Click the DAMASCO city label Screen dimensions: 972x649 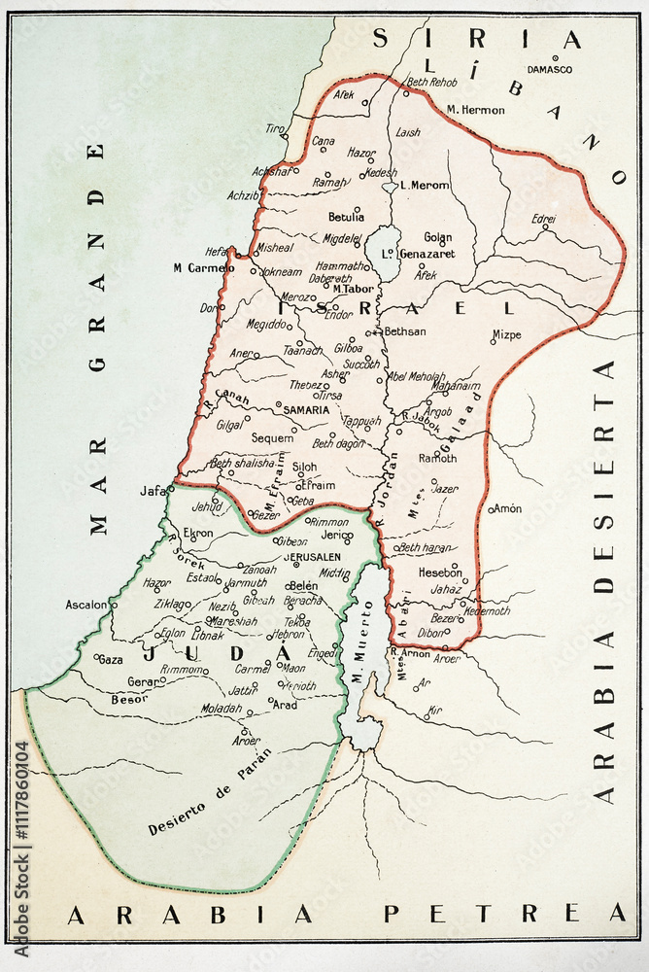pyautogui.click(x=549, y=69)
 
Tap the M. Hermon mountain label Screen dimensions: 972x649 pyautogui.click(x=475, y=110)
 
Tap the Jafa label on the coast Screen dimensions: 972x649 pyautogui.click(x=153, y=491)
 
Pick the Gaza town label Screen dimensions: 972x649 pyautogui.click(x=111, y=659)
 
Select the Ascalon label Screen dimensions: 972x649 pyautogui.click(x=85, y=605)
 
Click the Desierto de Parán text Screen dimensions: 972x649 pyautogui.click(x=210, y=791)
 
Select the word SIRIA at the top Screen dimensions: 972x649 pyautogui.click(x=477, y=39)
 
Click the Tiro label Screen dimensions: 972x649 pyautogui.click(x=275, y=129)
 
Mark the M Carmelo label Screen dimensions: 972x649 pyautogui.click(x=204, y=267)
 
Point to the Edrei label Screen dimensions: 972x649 pyautogui.click(x=544, y=220)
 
